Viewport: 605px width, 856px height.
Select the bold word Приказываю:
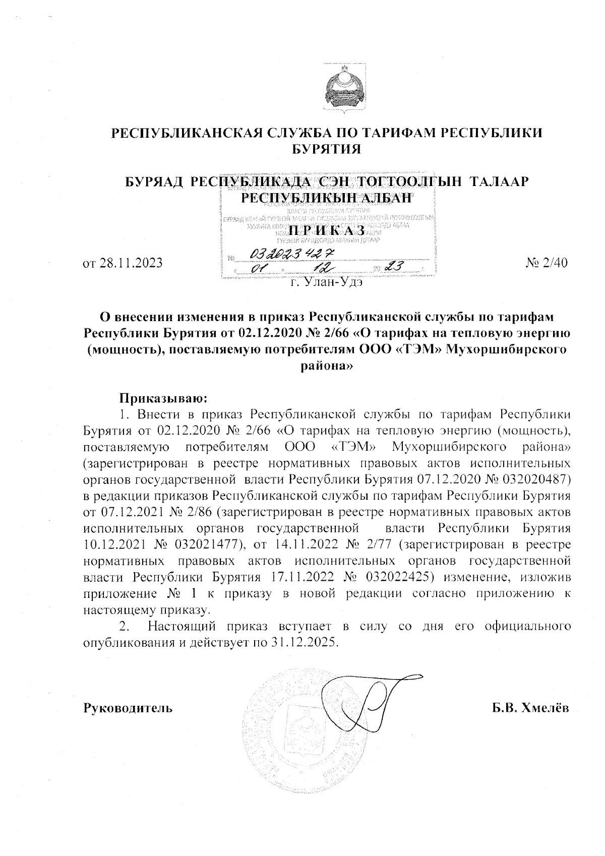pyautogui.click(x=163, y=398)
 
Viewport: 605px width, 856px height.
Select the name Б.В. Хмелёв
pyautogui.click(x=530, y=708)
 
